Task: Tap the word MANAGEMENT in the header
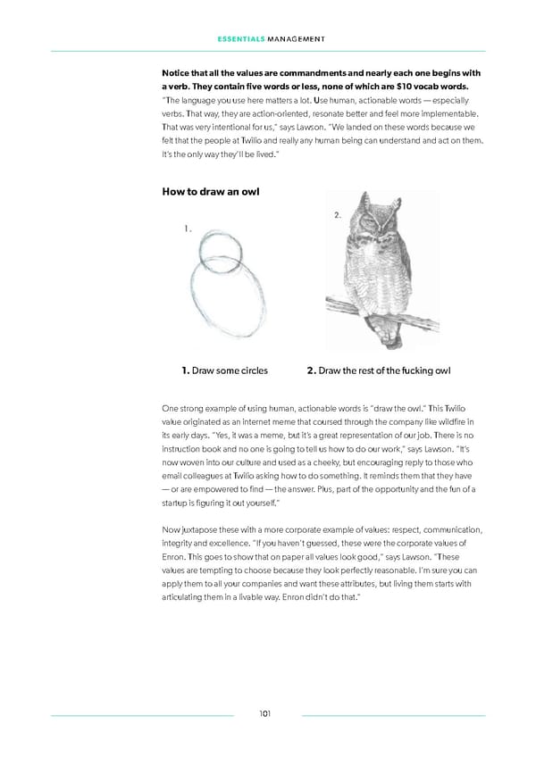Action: click(295, 38)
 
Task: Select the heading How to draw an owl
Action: click(210, 191)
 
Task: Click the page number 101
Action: click(266, 714)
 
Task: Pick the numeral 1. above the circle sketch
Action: click(186, 229)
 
